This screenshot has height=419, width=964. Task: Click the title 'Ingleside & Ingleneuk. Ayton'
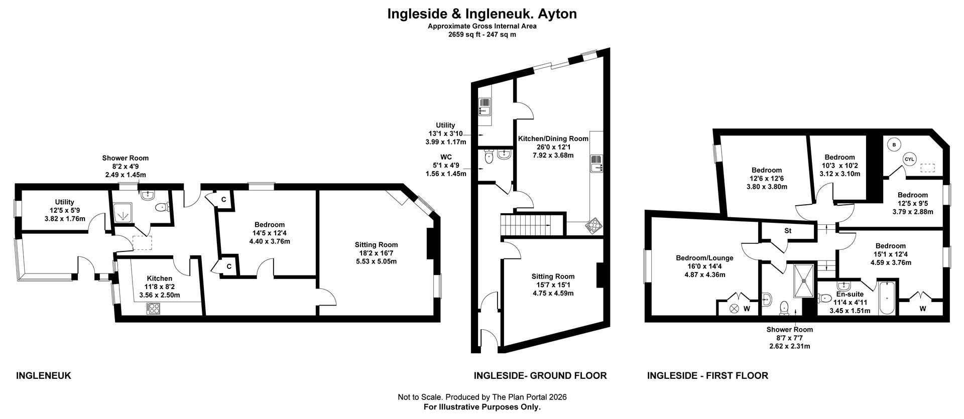[481, 14]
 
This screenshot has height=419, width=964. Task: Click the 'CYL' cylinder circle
[909, 159]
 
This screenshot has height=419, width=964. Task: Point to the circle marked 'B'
[894, 145]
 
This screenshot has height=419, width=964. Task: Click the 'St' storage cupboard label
[788, 231]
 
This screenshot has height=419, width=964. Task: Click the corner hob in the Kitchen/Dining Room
[592, 226]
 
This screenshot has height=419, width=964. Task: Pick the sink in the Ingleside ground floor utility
[485, 107]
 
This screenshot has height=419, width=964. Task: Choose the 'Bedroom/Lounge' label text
[704, 258]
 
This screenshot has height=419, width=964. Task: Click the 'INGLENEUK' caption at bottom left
[44, 375]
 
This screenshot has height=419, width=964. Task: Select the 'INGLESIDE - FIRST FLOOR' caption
[707, 375]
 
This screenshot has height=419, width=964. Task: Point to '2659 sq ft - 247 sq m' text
[481, 35]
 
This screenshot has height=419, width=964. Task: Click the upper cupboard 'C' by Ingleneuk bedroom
[223, 199]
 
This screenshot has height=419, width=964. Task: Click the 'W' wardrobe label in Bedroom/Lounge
[747, 309]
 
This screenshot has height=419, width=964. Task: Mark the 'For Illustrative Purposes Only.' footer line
[481, 407]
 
